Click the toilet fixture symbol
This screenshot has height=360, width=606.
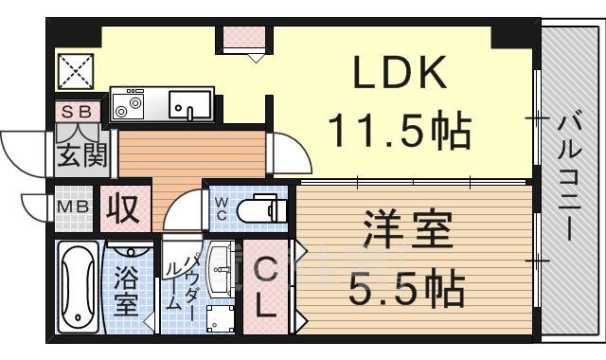pyautogui.click(x=261, y=207)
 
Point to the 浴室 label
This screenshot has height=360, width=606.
pyautogui.click(x=125, y=291)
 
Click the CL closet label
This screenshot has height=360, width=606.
pyautogui.click(x=265, y=289)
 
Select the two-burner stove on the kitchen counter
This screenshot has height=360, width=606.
pyautogui.click(x=128, y=105)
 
